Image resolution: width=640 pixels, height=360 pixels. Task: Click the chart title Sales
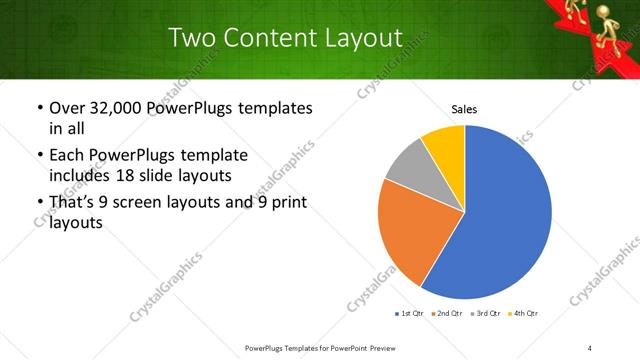tap(464, 108)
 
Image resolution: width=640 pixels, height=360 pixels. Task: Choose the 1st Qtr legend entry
tap(411, 314)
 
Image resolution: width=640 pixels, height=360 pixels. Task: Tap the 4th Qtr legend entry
tap(525, 314)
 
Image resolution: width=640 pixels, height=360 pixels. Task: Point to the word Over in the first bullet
tap(66, 108)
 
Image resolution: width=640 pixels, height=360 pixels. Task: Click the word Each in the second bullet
tap(68, 156)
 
